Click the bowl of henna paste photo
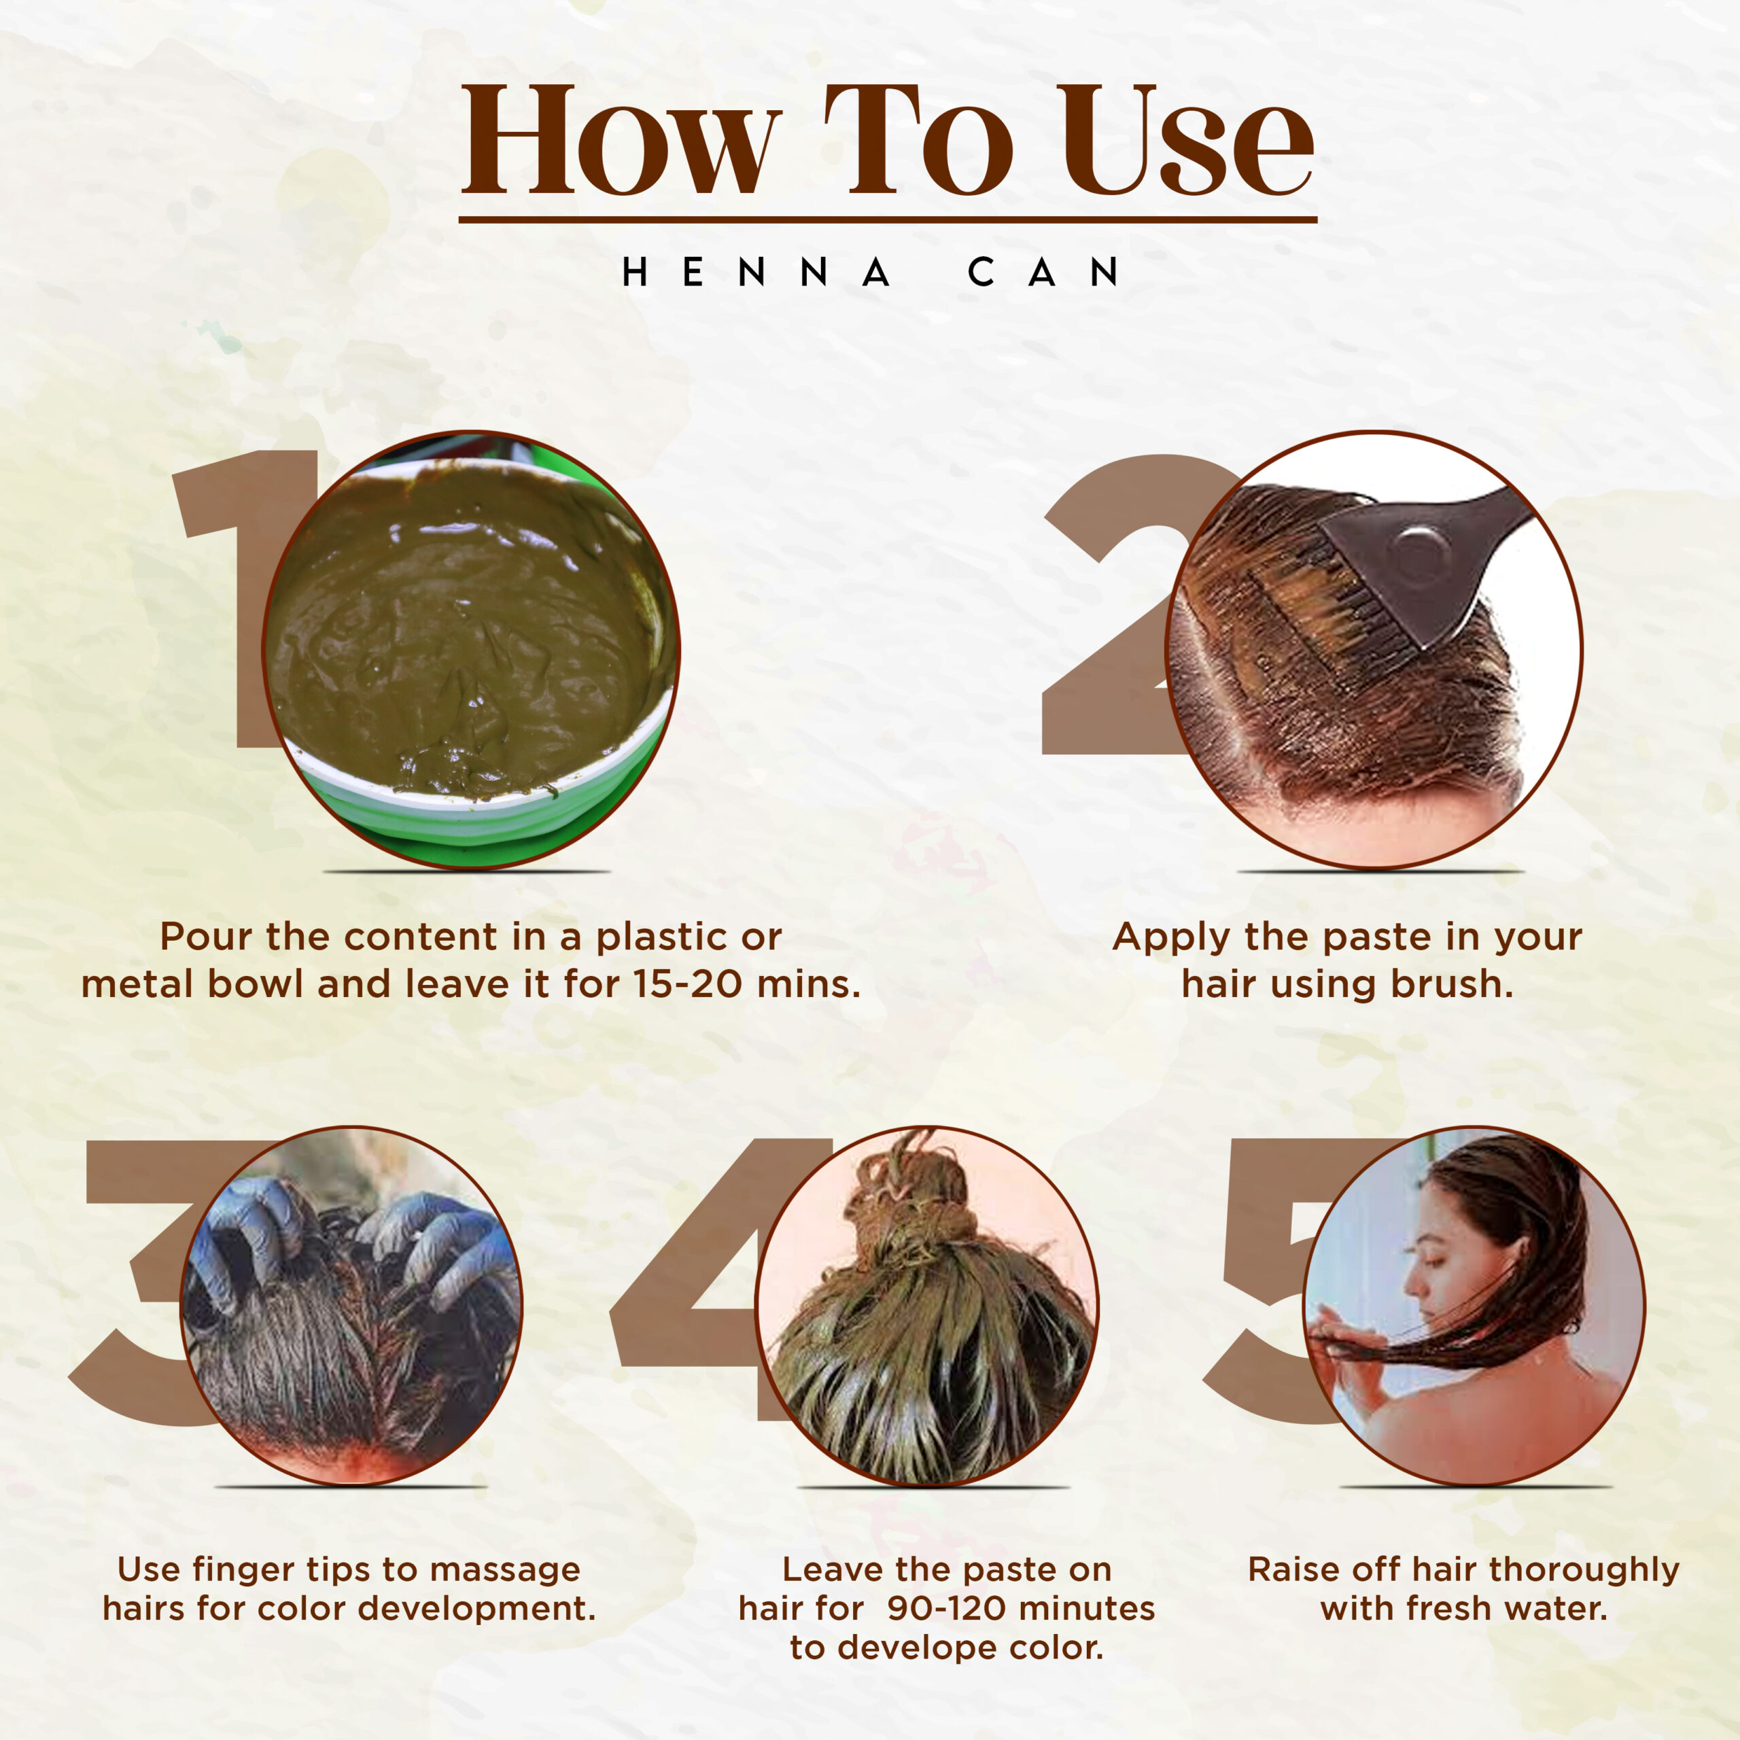pyautogui.click(x=471, y=649)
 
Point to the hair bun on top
pyautogui.click(x=914, y=1189)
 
